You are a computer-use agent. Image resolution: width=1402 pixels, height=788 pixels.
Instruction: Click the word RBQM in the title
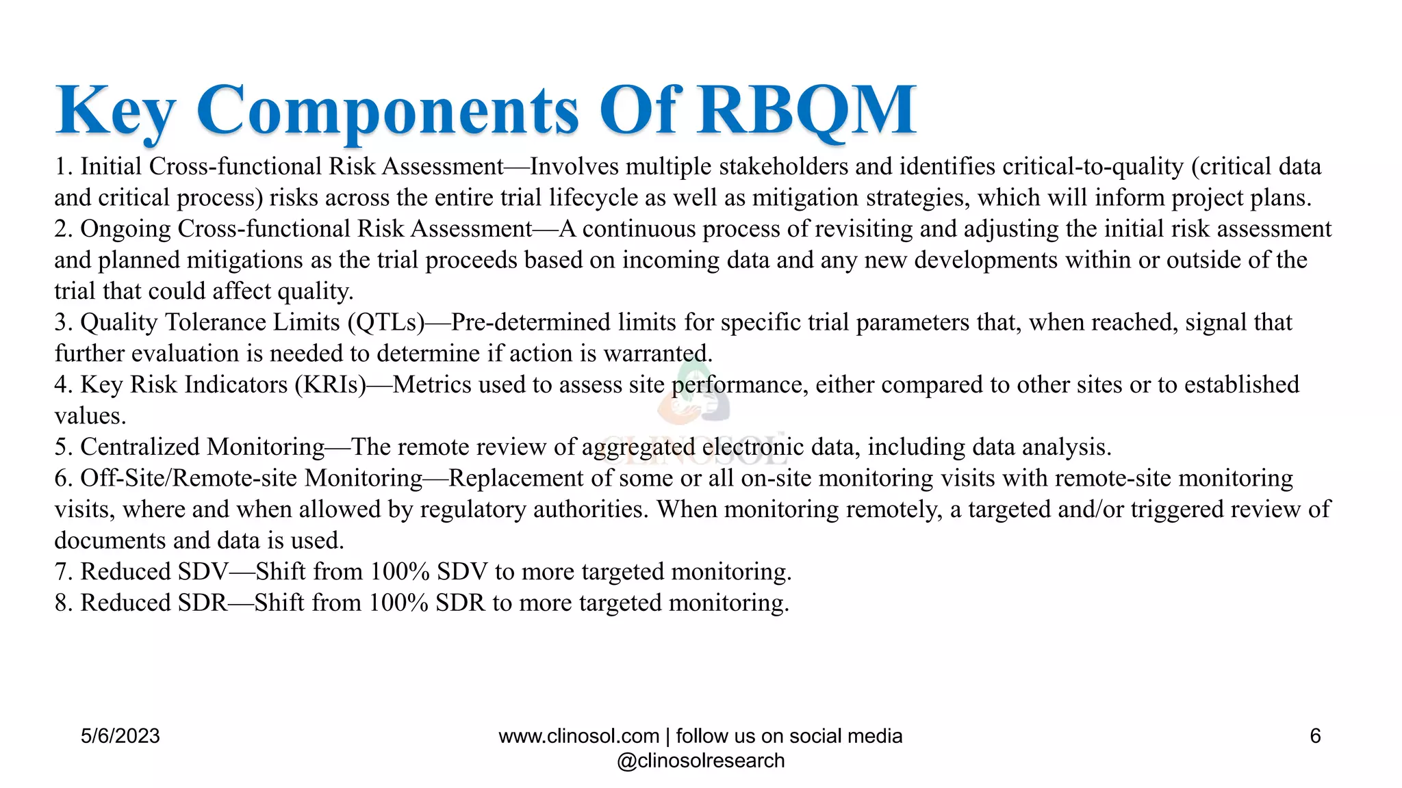(x=806, y=109)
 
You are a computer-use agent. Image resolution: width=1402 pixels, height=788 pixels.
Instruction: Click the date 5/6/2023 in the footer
(x=120, y=736)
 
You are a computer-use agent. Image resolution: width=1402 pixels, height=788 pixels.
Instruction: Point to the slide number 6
(x=1315, y=736)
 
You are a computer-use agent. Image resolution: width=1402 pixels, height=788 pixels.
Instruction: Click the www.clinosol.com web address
(x=578, y=736)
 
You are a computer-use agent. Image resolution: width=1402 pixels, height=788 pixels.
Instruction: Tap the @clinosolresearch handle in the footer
(x=700, y=761)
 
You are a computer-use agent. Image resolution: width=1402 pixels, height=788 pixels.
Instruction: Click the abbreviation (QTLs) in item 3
(x=386, y=322)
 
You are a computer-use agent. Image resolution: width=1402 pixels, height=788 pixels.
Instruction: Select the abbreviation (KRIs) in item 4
(x=331, y=384)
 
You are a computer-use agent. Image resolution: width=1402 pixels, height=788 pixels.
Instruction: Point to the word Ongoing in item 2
(x=125, y=229)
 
